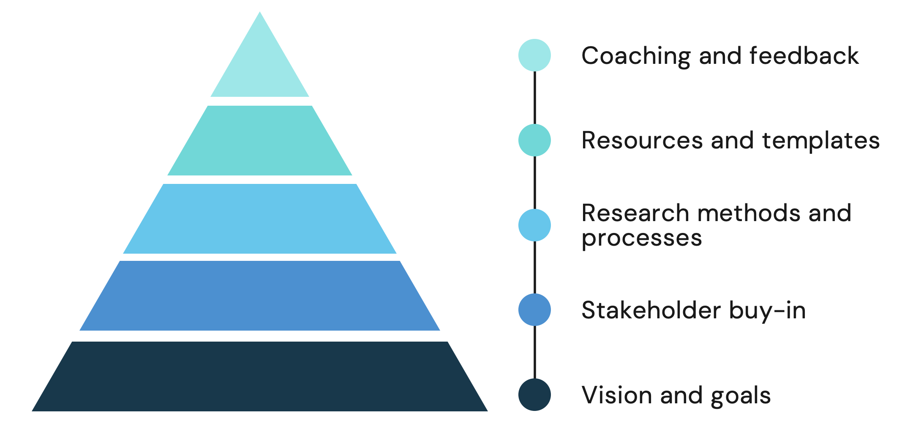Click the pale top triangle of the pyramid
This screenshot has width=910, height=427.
click(260, 68)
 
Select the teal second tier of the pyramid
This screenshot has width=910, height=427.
click(260, 140)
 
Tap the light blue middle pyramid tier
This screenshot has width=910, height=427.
click(260, 219)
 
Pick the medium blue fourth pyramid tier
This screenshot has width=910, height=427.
click(260, 296)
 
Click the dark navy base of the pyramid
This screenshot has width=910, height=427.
click(260, 376)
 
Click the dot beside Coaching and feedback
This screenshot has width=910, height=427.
click(534, 55)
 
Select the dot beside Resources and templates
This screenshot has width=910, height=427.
click(534, 140)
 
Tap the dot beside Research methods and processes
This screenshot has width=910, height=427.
click(534, 225)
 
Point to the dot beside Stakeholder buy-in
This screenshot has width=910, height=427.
click(534, 310)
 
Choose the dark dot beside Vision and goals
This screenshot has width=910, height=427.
click(534, 394)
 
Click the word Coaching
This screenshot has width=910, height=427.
click(635, 56)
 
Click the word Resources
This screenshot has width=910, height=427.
click(642, 140)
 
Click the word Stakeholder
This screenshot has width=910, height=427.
click(651, 310)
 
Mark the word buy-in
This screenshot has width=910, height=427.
click(767, 310)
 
